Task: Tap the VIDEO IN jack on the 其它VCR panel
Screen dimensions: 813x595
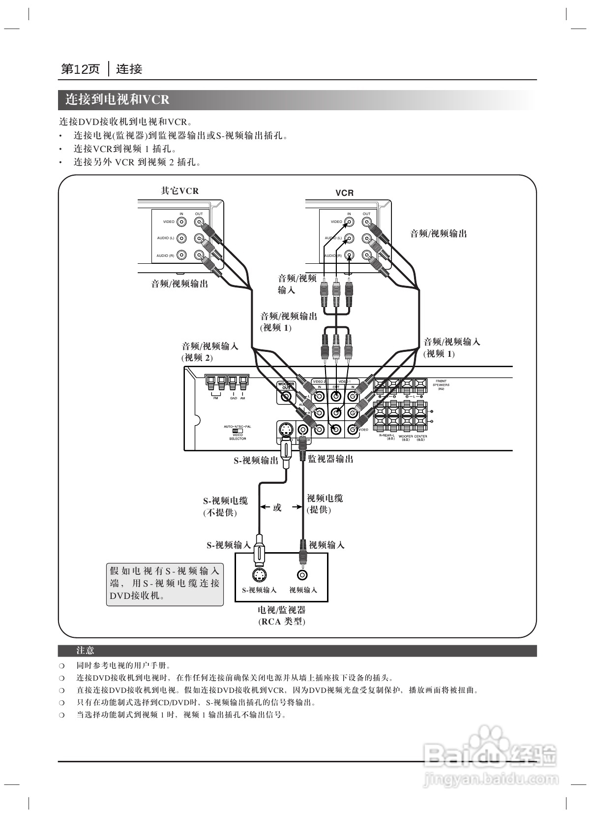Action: point(181,222)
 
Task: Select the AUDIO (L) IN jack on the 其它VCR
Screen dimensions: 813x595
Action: point(181,238)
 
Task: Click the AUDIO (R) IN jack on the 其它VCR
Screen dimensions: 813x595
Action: point(181,255)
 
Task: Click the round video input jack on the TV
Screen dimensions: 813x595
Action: point(302,574)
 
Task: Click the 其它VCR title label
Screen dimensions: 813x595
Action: point(180,191)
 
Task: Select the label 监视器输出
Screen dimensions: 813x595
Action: point(330,459)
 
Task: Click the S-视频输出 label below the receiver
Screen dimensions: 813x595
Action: point(256,461)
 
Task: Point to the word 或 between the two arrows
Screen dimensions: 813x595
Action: point(277,507)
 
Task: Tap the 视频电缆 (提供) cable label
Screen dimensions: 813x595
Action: point(325,504)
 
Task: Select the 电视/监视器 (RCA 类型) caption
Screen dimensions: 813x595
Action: point(282,616)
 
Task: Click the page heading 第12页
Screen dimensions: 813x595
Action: point(80,69)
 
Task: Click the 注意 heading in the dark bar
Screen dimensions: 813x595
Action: point(85,651)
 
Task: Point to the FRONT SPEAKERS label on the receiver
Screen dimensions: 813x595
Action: point(441,384)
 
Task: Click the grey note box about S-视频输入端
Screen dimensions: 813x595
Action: point(165,584)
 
